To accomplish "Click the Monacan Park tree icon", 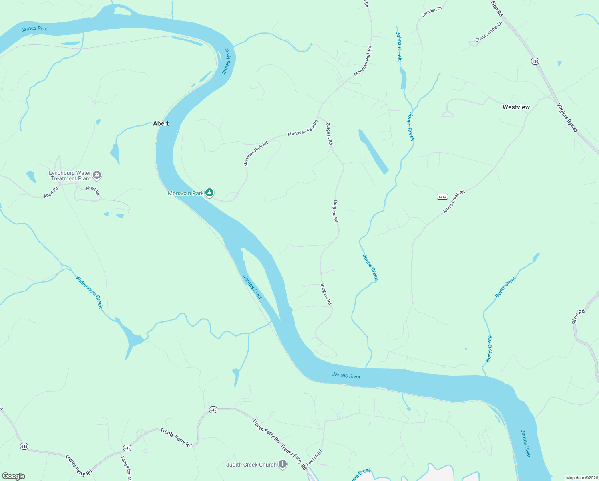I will (209, 193).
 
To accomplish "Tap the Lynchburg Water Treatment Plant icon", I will (97, 175).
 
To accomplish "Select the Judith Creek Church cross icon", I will (283, 465).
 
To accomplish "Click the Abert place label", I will (161, 123).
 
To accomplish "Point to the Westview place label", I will (516, 107).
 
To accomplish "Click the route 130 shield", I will (535, 61).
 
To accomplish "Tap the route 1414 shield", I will (442, 196).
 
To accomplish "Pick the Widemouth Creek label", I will (89, 292).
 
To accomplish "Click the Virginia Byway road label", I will (568, 117).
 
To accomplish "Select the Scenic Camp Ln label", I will (488, 32).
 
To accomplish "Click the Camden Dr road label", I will (431, 12).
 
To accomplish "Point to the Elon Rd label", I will (497, 8).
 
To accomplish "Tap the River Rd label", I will (578, 316).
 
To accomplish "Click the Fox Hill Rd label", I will (314, 458).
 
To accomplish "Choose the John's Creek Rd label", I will (454, 202).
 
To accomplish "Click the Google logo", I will (14, 476).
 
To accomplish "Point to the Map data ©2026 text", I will (582, 478).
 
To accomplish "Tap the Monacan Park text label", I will (186, 193).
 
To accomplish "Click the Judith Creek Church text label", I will (251, 465).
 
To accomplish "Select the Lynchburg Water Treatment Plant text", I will (70, 176).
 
